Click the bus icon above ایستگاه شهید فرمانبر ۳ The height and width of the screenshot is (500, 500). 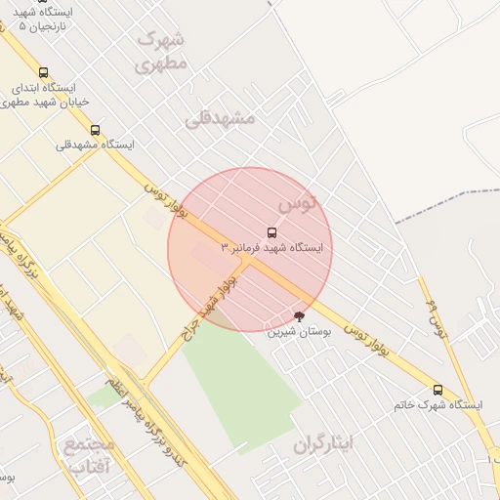[271, 232]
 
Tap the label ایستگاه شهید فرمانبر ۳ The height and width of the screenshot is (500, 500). [272, 248]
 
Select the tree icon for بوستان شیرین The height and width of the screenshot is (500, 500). [299, 315]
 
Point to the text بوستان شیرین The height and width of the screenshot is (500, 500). [301, 332]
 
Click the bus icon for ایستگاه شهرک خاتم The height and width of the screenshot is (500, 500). [437, 389]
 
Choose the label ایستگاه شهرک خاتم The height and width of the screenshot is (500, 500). [438, 404]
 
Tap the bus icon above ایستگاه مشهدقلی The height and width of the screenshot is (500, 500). [95, 129]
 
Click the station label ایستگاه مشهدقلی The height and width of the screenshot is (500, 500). [95, 145]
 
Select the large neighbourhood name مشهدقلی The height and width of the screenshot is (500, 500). [220, 118]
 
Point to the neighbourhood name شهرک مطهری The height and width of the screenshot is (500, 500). [161, 52]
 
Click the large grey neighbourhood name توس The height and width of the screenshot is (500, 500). [298, 203]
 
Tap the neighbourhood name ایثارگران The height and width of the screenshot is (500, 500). [323, 443]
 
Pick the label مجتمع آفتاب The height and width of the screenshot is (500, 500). [90, 456]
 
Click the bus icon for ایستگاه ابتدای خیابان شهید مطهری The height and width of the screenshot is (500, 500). [43, 72]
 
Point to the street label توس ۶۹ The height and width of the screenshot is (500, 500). [436, 318]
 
